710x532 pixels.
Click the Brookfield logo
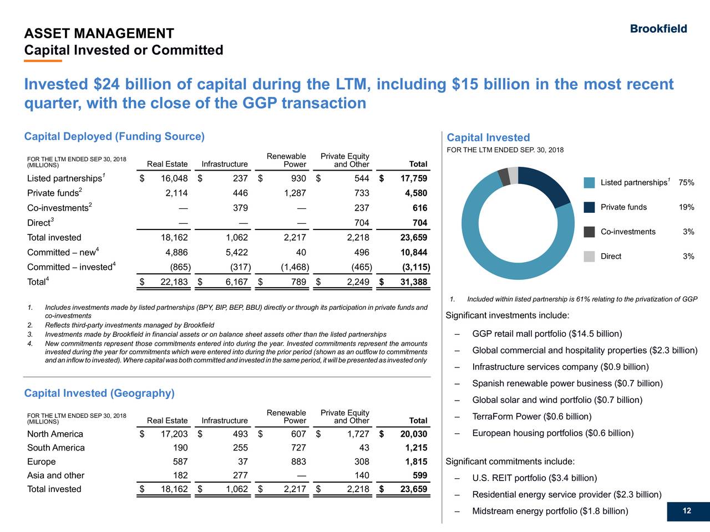tap(658, 29)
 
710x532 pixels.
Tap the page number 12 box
tap(687, 511)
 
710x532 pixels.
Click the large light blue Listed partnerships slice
tap(488, 244)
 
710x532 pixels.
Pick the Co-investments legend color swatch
tap(590, 232)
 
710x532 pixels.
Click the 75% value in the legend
tap(686, 183)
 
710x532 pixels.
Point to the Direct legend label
tap(611, 256)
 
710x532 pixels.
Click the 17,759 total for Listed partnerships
tap(413, 178)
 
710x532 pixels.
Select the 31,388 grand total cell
tap(413, 283)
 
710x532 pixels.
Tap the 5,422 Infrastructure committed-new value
tap(237, 253)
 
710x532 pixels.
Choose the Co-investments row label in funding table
tap(58, 208)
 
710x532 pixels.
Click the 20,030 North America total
tap(413, 434)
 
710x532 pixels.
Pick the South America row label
tap(56, 448)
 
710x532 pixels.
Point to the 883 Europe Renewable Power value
tap(298, 462)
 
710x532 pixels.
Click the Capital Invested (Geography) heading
tap(99, 393)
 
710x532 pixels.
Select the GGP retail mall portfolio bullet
tap(546, 334)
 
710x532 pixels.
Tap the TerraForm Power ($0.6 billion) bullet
tap(531, 417)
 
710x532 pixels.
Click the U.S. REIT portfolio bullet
tap(534, 478)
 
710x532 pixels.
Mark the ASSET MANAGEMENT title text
tap(99, 34)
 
